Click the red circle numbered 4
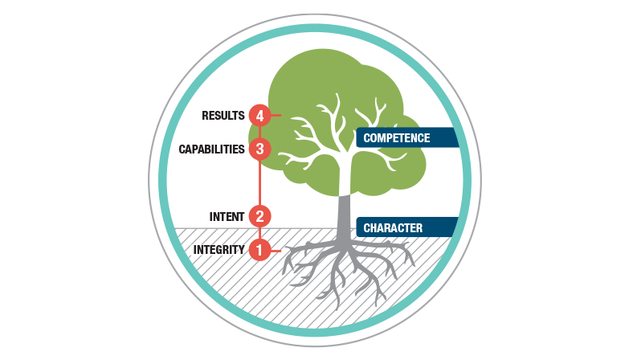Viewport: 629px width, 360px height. [258, 116]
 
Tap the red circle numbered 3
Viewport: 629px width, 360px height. [258, 149]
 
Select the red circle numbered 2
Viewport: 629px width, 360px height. [258, 215]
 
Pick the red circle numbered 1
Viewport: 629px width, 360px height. [258, 250]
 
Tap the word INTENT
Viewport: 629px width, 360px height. [227, 216]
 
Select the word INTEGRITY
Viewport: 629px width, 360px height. [219, 250]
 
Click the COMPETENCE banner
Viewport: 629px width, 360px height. [406, 138]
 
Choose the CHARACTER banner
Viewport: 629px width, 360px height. [406, 228]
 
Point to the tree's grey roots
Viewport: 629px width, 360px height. [345, 269]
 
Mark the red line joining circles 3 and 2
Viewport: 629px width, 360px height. [258, 182]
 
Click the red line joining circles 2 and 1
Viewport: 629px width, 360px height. [258, 233]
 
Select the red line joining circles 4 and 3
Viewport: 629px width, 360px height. [258, 133]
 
